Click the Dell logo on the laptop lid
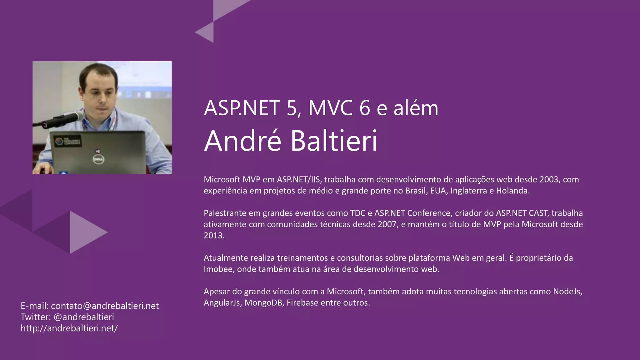[x=98, y=159]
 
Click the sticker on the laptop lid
[x=68, y=141]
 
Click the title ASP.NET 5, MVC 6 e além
[x=321, y=108]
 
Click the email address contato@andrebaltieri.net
[x=105, y=306]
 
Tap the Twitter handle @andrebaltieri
[x=84, y=317]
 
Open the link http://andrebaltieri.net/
[x=69, y=328]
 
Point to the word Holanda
[x=512, y=191]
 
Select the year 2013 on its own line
[x=214, y=235]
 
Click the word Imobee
[x=219, y=269]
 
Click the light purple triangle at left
[x=84, y=232]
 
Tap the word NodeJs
[x=567, y=292]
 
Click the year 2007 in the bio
[x=387, y=224]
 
